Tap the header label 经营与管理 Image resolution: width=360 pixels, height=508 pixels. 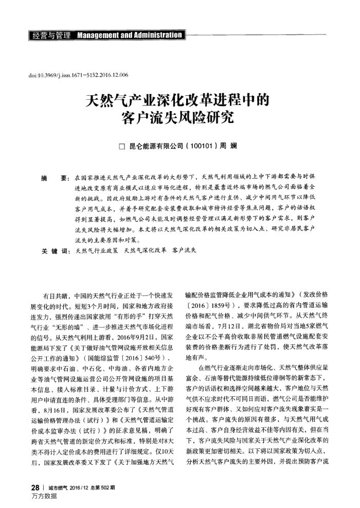(51, 36)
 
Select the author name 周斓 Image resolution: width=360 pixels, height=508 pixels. (228, 146)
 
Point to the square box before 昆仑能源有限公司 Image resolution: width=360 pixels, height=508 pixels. (122, 147)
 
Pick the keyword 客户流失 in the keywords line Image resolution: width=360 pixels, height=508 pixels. (188, 251)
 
